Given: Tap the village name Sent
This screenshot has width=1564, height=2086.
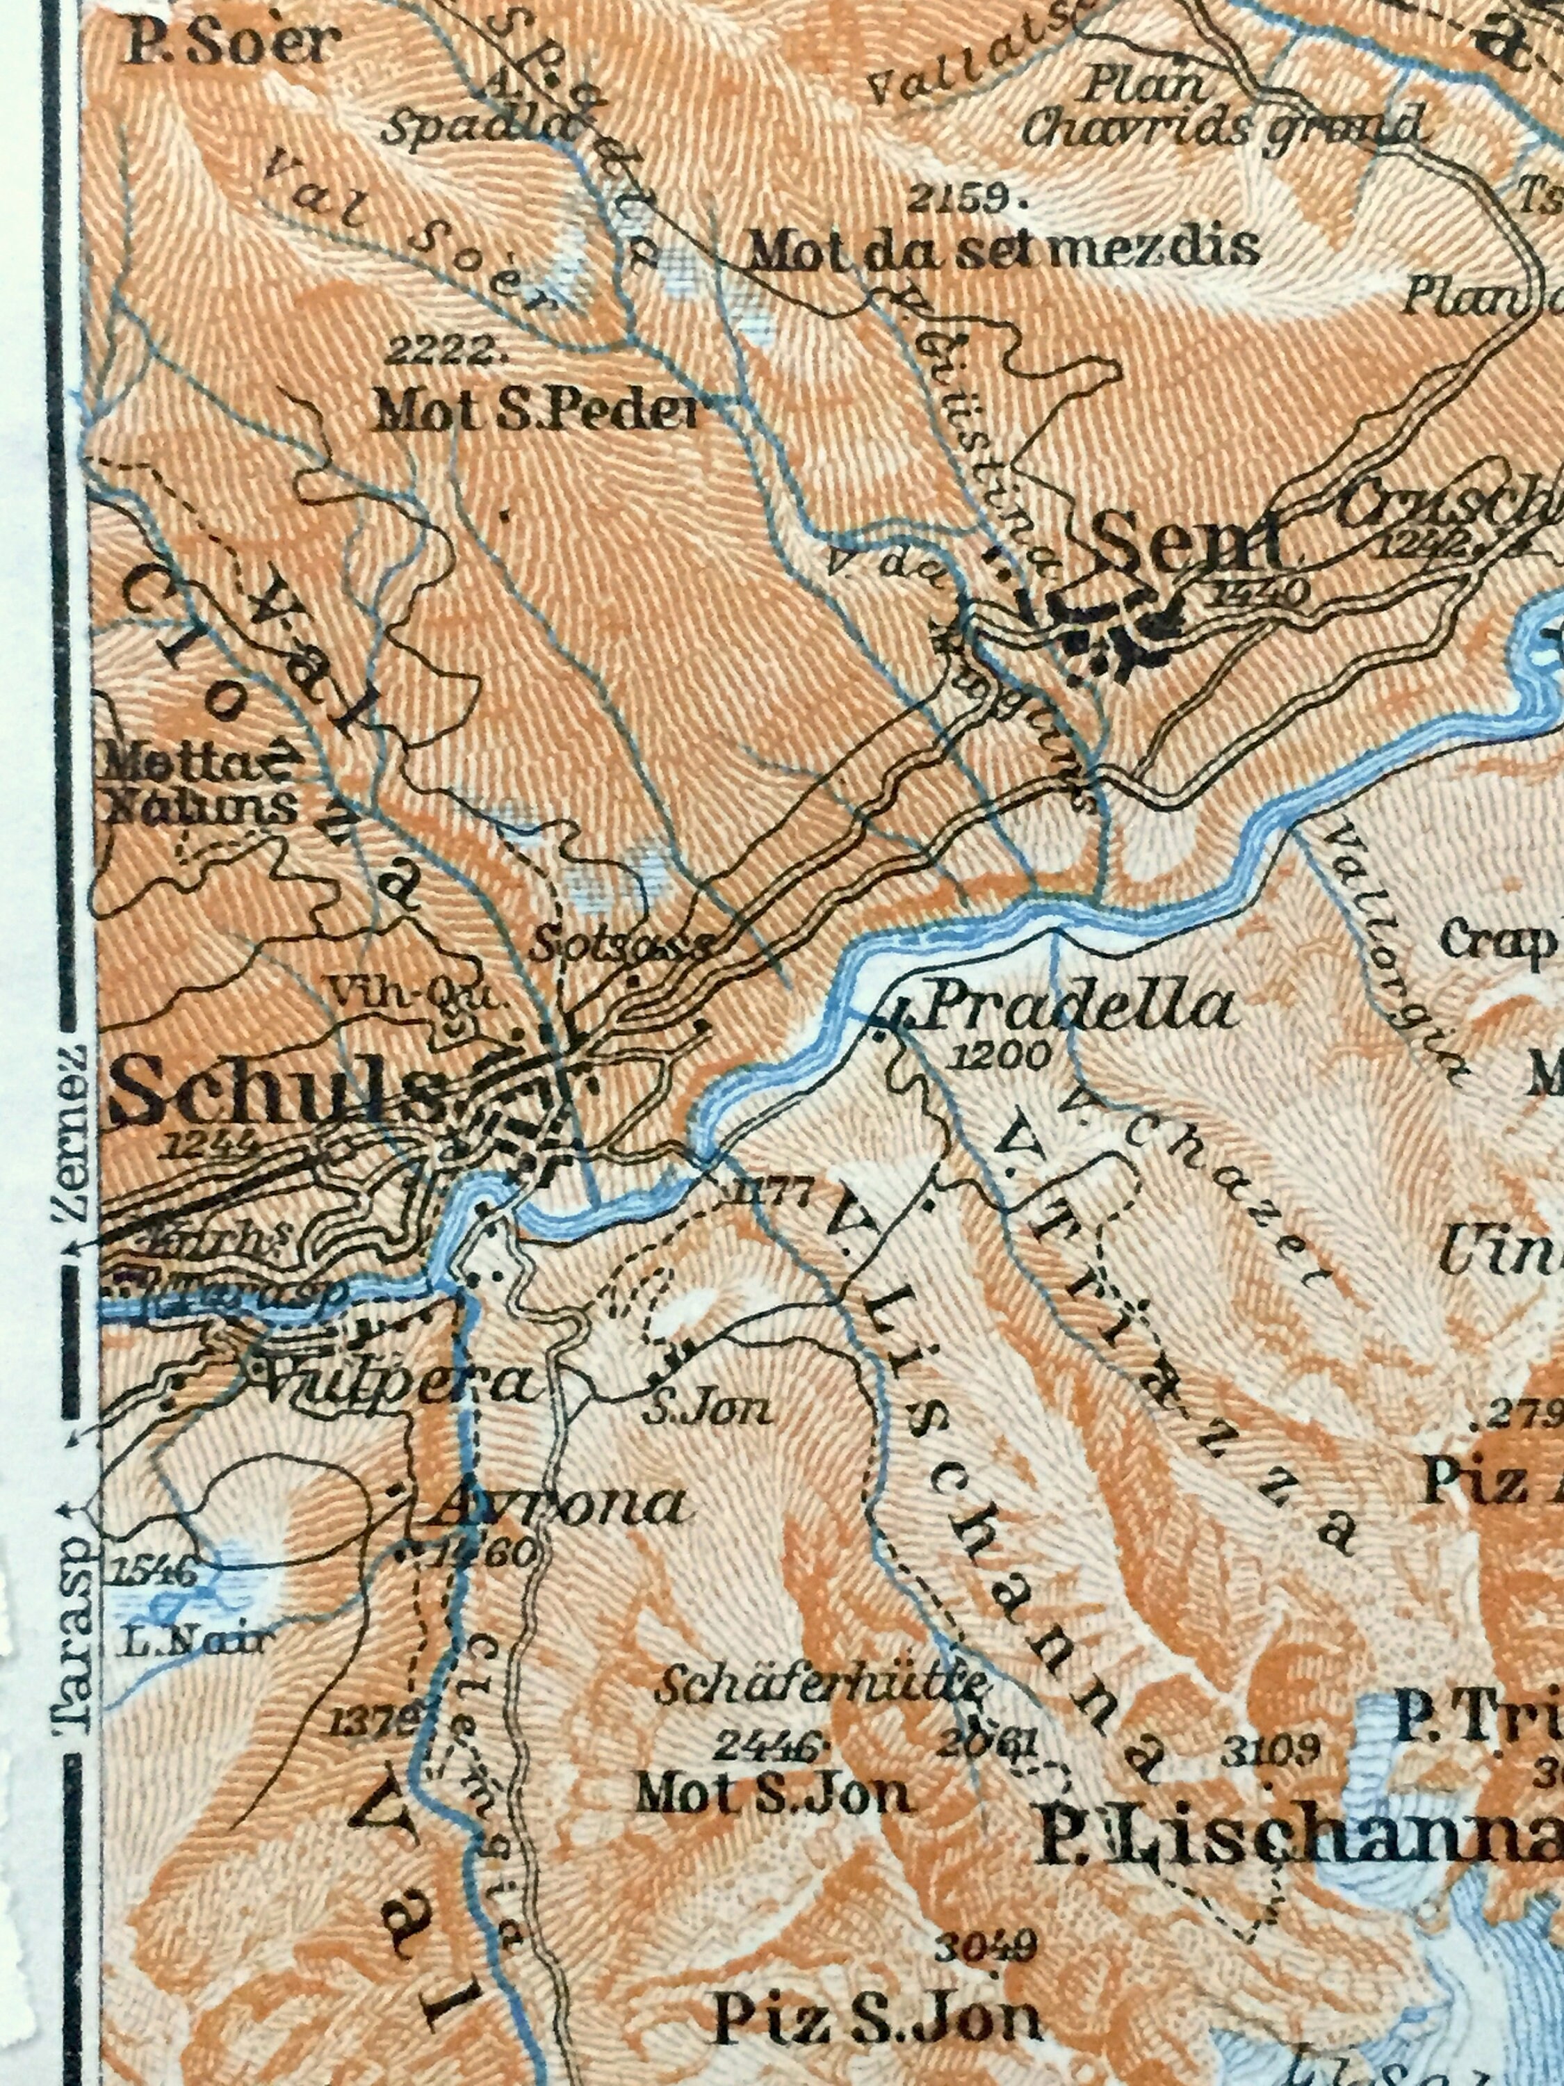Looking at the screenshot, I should pos(1190,544).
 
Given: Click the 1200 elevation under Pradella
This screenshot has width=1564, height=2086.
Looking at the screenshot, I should pos(1000,1056).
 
